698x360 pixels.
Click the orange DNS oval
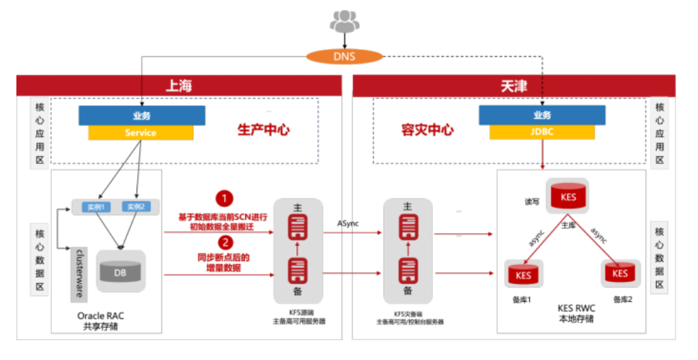pyautogui.click(x=345, y=56)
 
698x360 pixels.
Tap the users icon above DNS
pyautogui.click(x=344, y=20)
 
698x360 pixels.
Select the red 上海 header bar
pyautogui.click(x=179, y=85)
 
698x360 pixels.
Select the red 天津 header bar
pyautogui.click(x=514, y=85)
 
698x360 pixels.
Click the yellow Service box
pyautogui.click(x=140, y=133)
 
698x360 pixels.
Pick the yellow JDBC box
pyautogui.click(x=542, y=133)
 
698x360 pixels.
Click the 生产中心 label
pyautogui.click(x=263, y=129)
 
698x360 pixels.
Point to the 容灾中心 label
pyautogui.click(x=428, y=129)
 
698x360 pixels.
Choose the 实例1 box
pyautogui.click(x=96, y=206)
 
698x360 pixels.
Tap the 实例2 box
pyautogui.click(x=137, y=206)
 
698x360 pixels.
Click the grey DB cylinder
pyautogui.click(x=120, y=272)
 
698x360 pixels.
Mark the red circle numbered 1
pyautogui.click(x=225, y=199)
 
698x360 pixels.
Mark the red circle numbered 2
pyautogui.click(x=225, y=243)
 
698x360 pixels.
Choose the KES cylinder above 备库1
pyautogui.click(x=523, y=275)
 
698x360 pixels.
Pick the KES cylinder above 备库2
pyautogui.click(x=619, y=273)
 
